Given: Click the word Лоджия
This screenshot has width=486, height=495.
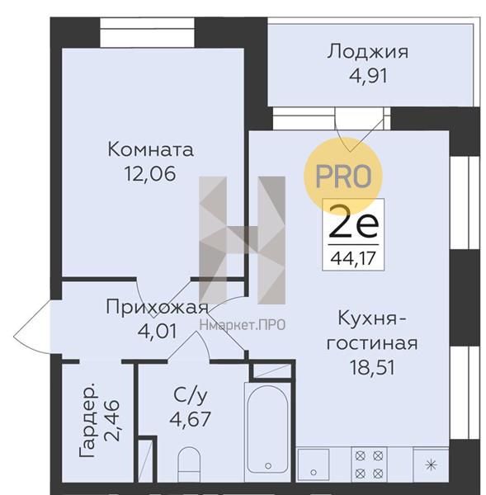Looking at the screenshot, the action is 368,52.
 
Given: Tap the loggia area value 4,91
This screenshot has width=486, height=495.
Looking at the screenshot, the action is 368,76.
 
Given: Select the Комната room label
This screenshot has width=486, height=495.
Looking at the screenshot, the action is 151,149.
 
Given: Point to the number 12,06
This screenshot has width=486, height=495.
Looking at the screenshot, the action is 150,174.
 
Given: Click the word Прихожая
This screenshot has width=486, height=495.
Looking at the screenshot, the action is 158,307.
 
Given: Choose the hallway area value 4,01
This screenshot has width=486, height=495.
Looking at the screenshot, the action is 158,332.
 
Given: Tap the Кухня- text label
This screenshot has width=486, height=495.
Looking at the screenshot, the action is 372,318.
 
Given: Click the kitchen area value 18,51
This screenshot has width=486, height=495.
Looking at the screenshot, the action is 372,367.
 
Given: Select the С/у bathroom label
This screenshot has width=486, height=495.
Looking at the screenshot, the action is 190,395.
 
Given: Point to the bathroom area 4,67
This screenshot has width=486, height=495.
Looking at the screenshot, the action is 190,419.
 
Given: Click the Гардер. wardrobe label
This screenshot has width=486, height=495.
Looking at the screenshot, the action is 87,421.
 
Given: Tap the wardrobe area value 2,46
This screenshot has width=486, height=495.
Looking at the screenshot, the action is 112,421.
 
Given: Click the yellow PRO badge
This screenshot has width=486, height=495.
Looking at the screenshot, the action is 343,177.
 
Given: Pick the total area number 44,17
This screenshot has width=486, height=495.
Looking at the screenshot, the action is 353,258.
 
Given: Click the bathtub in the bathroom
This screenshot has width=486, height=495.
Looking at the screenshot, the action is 267,431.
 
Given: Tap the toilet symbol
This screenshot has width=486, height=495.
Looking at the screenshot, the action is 189,464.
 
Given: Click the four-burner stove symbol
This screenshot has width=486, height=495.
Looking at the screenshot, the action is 369,464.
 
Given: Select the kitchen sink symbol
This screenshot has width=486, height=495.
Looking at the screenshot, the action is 314,464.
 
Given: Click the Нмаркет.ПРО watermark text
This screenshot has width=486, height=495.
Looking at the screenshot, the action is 243,325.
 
